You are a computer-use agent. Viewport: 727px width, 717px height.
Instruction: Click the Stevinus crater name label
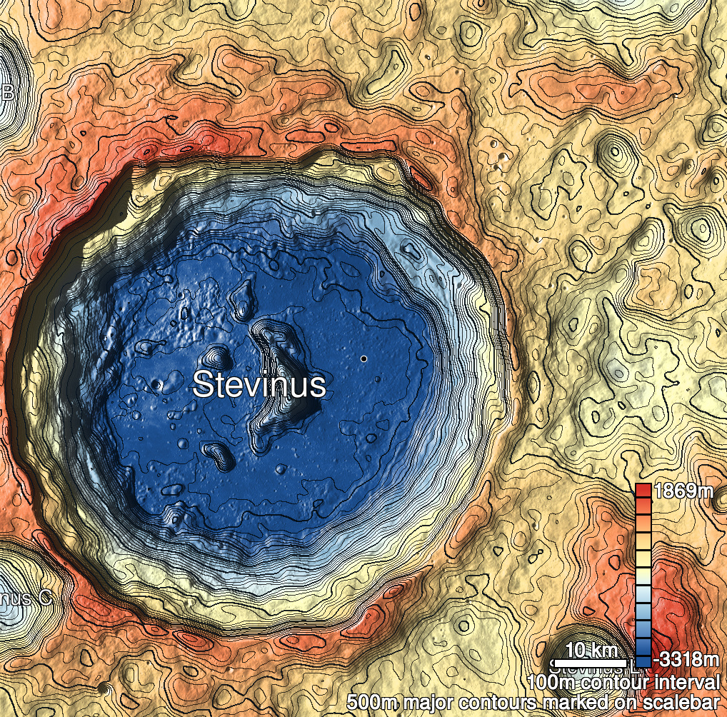point(259,385)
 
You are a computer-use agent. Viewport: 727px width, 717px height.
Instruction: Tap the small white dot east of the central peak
point(363,358)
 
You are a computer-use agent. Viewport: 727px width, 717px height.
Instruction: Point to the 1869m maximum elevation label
point(683,491)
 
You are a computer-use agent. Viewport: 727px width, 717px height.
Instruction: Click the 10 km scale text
point(591,650)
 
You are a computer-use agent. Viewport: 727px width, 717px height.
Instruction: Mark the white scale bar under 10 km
point(591,661)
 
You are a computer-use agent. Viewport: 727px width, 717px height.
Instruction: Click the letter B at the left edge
point(9,92)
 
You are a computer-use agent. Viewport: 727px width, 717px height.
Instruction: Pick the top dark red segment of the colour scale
point(643,490)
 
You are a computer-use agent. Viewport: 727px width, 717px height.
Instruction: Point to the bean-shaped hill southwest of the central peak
point(218,454)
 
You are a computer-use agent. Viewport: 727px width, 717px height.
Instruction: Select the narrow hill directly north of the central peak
point(245,300)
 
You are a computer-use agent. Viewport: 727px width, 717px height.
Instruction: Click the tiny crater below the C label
point(106,690)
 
